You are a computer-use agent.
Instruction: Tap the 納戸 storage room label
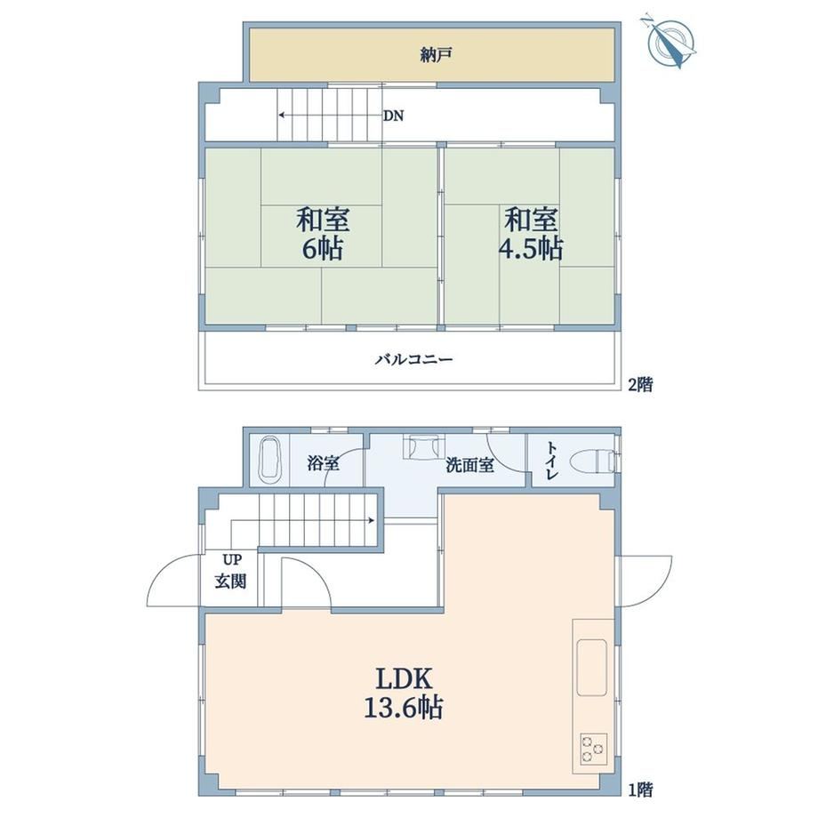[436, 55]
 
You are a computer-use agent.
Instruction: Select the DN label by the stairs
[393, 116]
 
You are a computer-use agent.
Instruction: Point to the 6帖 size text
[323, 250]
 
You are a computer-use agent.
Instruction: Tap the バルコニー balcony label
[414, 359]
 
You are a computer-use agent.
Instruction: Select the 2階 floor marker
[640, 385]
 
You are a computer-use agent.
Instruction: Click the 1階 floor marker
[640, 790]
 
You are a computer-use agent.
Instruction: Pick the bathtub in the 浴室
[270, 458]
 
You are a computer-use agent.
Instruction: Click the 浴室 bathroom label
[323, 462]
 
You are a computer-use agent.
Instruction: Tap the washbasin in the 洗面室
[422, 447]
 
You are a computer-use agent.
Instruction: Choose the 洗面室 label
[470, 465]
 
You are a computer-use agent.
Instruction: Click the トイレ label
[552, 461]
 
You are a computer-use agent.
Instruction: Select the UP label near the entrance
[232, 560]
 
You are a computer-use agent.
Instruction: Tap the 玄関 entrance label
[230, 581]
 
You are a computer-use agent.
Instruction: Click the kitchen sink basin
[591, 667]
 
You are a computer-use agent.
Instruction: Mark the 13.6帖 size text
[404, 708]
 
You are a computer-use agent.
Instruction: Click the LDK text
[404, 679]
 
